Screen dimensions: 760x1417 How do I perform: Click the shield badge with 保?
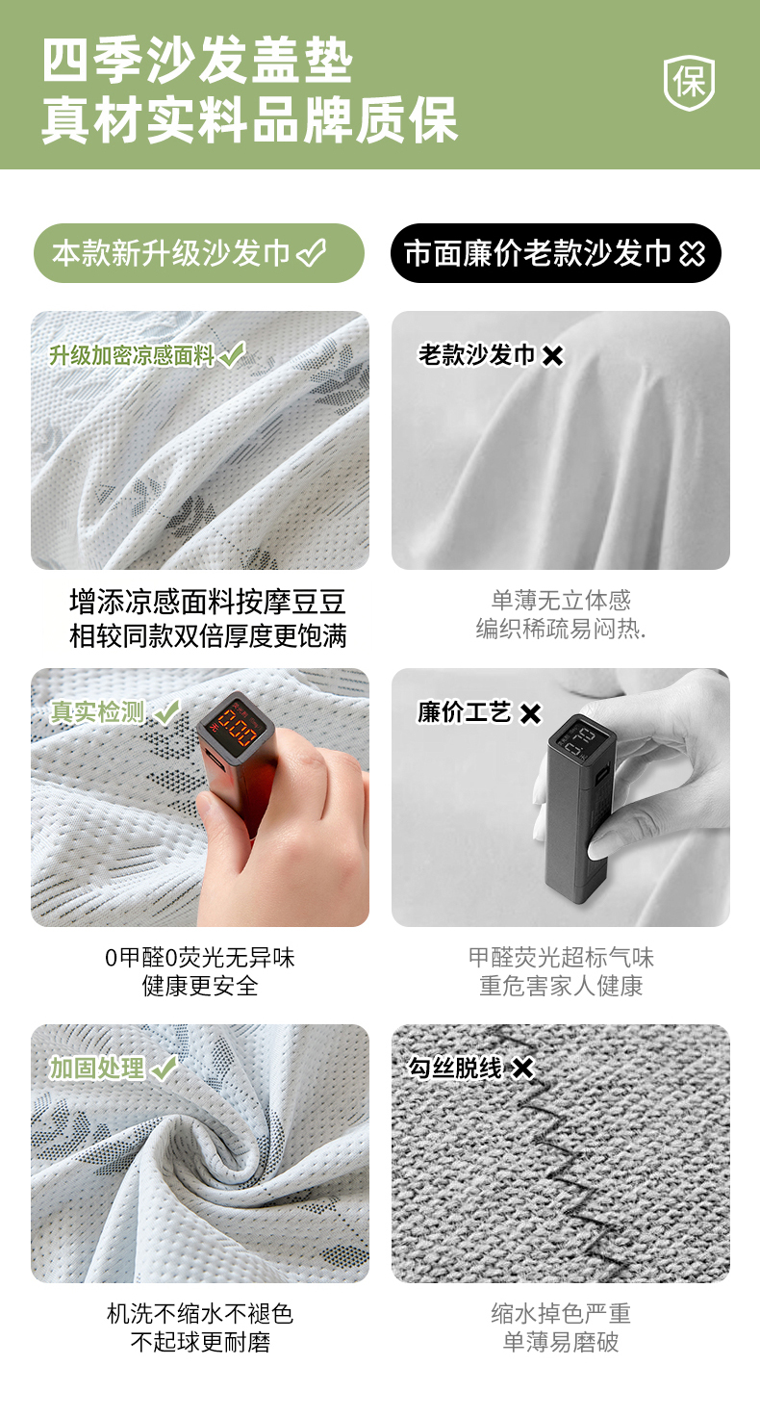pos(689,82)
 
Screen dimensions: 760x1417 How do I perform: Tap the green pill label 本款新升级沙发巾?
pos(198,253)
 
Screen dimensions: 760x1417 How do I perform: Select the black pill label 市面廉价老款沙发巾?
pos(556,253)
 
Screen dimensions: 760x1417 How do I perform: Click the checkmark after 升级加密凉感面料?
pos(232,355)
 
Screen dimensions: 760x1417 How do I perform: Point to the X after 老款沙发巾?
pos(552,355)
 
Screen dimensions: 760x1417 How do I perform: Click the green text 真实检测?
pos(97,712)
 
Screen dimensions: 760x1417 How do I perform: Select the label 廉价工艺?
pos(464,712)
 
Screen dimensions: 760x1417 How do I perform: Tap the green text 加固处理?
pos(97,1069)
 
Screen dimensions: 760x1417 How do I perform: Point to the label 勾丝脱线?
pos(455,1068)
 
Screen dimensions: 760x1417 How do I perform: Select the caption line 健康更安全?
pos(200,986)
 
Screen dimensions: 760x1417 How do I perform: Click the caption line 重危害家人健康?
pos(561,986)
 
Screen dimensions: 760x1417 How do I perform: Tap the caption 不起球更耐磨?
pos(200,1342)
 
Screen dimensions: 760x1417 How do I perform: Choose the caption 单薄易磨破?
pos(561,1342)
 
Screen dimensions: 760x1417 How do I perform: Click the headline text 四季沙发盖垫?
pos(197,61)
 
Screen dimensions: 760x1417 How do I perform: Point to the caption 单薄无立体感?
pos(561,601)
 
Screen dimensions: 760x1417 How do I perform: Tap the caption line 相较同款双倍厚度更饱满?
pos(208,636)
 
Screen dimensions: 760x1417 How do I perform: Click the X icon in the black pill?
pos(692,254)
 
